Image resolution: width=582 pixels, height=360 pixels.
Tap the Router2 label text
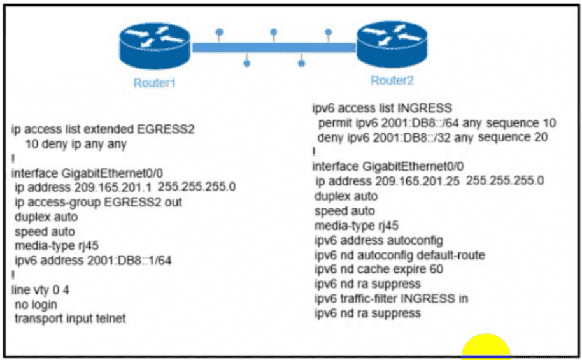tap(392, 80)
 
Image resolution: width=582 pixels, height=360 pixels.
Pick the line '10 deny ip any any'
tap(76, 145)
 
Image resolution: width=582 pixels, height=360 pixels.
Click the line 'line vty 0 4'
tap(41, 290)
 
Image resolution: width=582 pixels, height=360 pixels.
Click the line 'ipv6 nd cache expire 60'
tap(378, 270)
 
